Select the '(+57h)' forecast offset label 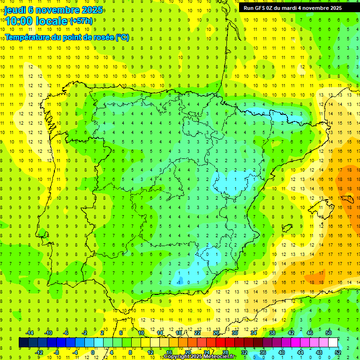click(x=81, y=21)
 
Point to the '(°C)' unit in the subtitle click(x=122, y=37)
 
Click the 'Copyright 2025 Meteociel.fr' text click(x=200, y=357)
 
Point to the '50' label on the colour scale click(x=329, y=332)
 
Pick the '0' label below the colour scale click(x=93, y=352)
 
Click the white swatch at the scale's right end click(x=333, y=343)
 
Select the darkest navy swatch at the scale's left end click(x=23, y=343)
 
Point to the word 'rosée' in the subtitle click(x=103, y=37)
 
